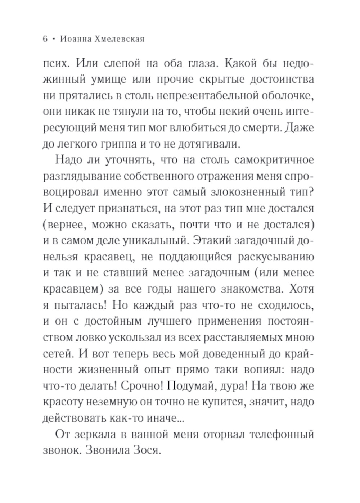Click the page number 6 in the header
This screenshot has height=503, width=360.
click(45, 39)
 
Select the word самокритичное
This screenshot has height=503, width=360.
click(274, 160)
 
